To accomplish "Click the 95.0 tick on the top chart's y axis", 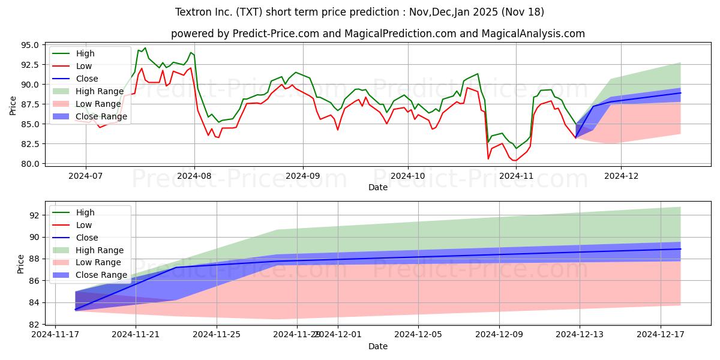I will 30,45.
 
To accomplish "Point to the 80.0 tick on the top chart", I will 30,164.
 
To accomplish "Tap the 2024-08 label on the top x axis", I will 194,175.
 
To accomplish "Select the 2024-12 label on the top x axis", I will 621,175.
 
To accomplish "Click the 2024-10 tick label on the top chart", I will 408,175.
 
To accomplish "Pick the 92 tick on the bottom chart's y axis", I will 35,215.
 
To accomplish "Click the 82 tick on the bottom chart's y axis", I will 35,325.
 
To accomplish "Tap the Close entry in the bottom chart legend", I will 87,238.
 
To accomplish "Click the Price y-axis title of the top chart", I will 13,104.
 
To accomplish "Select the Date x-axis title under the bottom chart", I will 378,347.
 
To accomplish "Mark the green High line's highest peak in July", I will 145,48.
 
